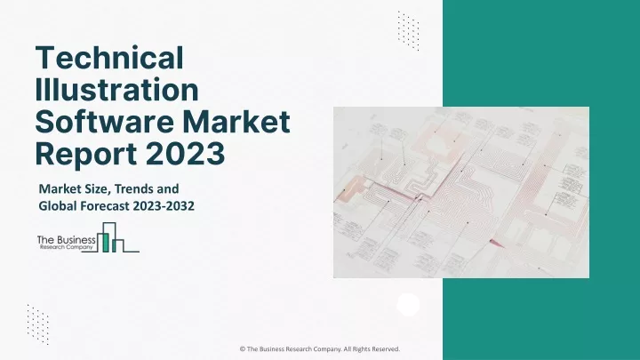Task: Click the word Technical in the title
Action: [x=109, y=58]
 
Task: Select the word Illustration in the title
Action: [x=116, y=90]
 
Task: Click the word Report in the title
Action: [x=85, y=155]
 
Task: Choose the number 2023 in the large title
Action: [x=185, y=154]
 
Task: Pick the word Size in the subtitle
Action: [x=96, y=188]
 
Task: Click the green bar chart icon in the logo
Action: [x=109, y=237]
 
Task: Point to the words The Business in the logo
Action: [x=66, y=240]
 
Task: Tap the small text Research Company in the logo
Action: [x=66, y=247]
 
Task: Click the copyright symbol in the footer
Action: [x=243, y=349]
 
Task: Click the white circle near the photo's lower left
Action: [x=408, y=305]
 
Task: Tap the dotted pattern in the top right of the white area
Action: [x=408, y=30]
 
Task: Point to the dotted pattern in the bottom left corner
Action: [x=38, y=324]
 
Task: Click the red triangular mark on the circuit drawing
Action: [x=497, y=244]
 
